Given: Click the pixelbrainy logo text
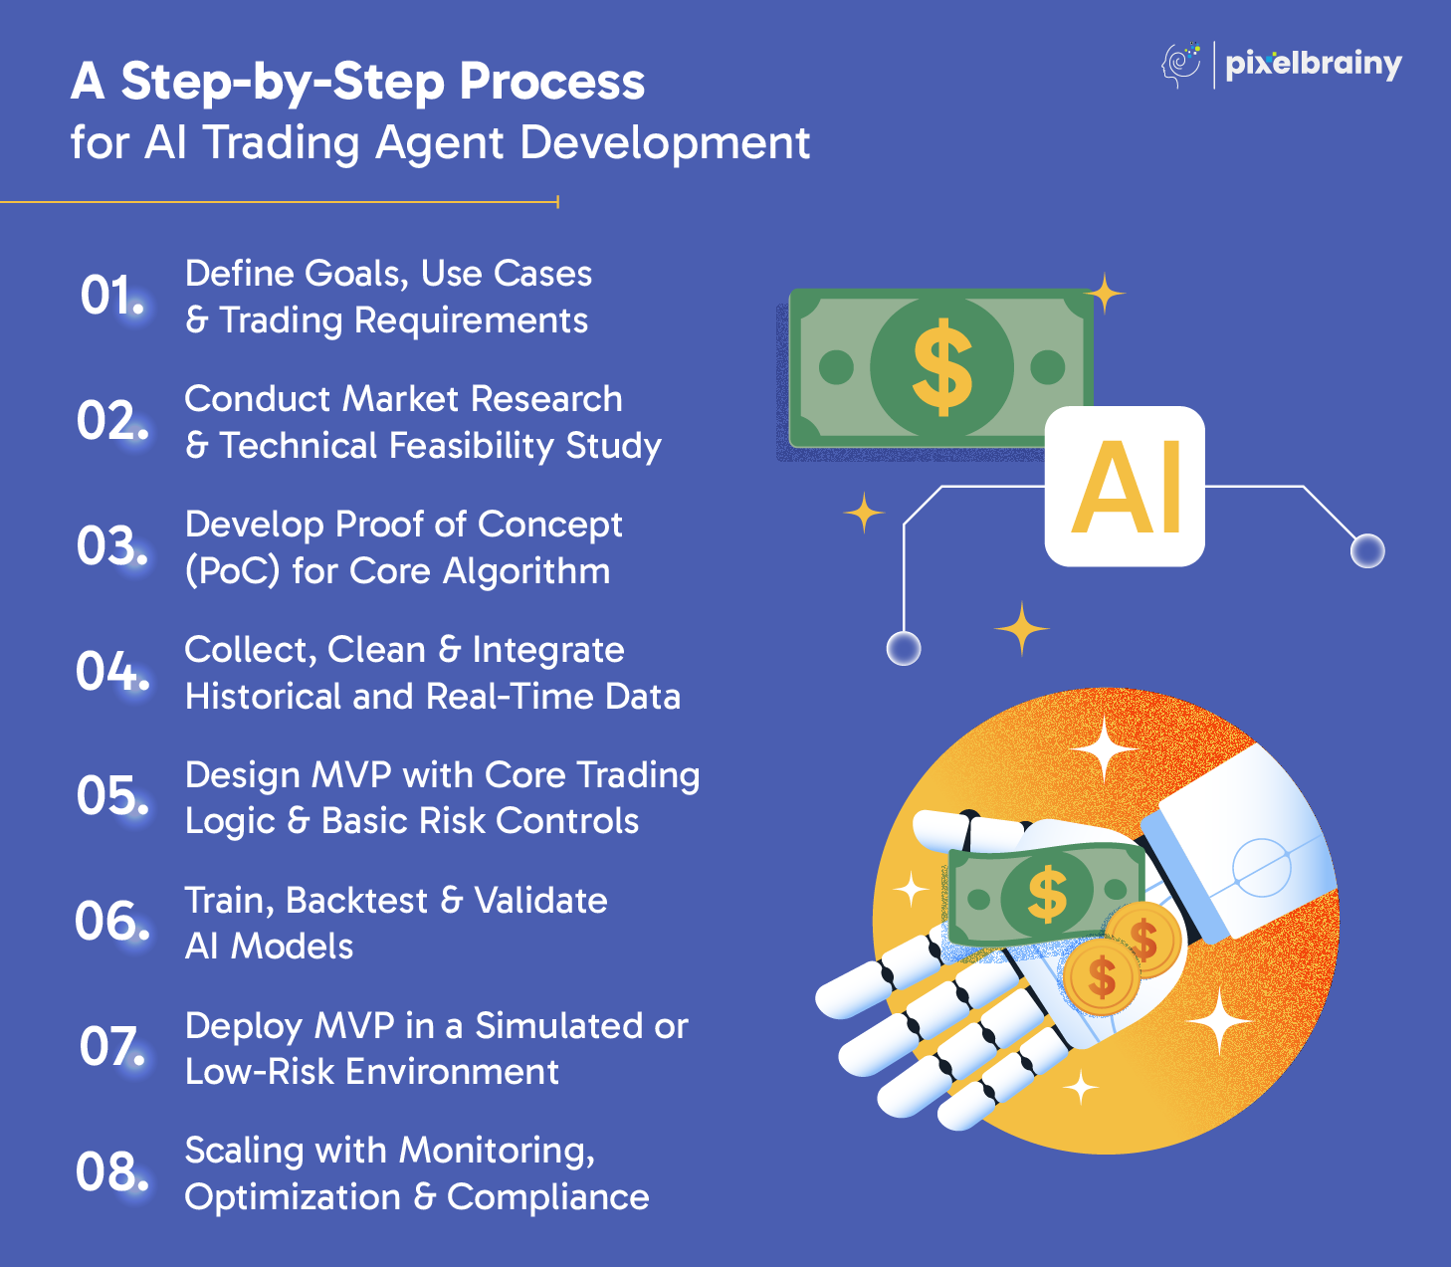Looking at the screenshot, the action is tap(1314, 66).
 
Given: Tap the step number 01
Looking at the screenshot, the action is tap(111, 295).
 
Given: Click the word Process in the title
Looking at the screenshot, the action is tap(551, 83).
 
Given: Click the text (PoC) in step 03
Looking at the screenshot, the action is tap(233, 571).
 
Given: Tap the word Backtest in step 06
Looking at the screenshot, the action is tap(356, 901).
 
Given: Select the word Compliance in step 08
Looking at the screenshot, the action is tap(547, 1197).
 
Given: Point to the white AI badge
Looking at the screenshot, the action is tap(1125, 487).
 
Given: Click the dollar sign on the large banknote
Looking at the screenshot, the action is tap(941, 367).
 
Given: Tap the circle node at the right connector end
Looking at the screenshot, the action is tap(1367, 551).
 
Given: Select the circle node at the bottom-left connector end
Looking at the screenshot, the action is tap(904, 648).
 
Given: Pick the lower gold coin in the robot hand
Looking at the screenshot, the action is tap(1102, 977).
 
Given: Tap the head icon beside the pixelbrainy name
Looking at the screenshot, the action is tap(1180, 66).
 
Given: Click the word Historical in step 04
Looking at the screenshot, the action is tap(264, 697).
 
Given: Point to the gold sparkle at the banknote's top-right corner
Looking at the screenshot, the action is tap(1105, 294).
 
